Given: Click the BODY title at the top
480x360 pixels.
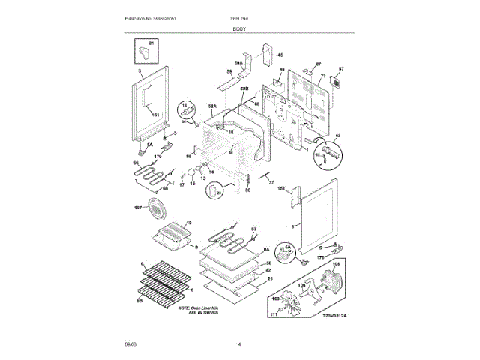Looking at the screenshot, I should coord(239,28).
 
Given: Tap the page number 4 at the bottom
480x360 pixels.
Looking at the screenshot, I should coord(239,344).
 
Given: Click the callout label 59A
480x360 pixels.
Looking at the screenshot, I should coord(239,63).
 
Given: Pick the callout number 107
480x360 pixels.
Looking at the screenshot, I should coord(139,207).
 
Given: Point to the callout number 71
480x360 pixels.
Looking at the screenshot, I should coord(324,76).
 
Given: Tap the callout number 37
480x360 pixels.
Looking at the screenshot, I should coord(271,181).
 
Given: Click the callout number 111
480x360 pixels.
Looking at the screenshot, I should coord(274,315).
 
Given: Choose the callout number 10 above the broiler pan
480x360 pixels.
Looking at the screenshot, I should coord(188,223).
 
